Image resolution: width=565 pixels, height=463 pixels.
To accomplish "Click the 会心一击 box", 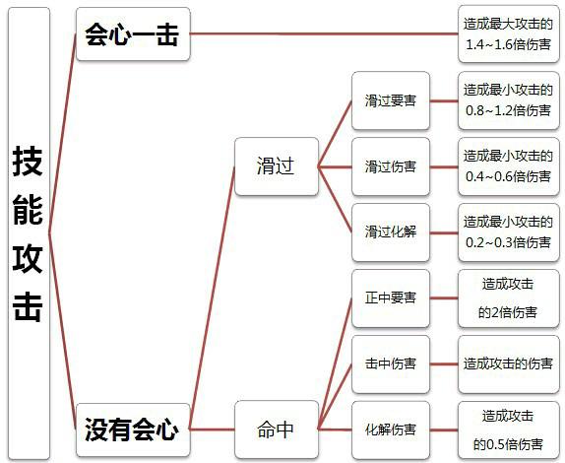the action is tap(133, 33).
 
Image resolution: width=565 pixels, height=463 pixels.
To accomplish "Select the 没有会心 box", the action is tap(133, 430).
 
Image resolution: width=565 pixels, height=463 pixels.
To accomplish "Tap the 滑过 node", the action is tap(277, 166).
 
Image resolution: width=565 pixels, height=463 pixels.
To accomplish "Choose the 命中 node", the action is tap(277, 430).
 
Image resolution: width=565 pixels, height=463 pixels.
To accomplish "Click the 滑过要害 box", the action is tap(391, 100).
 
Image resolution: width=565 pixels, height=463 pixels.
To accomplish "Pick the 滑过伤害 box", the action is tap(391, 166).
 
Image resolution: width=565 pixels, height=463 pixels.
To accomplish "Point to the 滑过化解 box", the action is tap(391, 232).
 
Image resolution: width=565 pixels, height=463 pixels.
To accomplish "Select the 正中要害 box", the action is tap(391, 298).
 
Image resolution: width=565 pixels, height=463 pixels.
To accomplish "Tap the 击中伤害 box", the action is tap(391, 364).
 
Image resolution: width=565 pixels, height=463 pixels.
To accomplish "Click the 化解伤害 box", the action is tap(391, 430).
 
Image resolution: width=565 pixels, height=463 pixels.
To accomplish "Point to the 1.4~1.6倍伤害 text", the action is tap(508, 44).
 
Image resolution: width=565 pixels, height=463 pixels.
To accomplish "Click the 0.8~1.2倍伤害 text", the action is tap(508, 110).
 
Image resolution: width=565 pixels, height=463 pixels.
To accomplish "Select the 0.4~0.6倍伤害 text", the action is tap(508, 176).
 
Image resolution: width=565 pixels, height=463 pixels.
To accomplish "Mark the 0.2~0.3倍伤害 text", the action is tap(508, 242).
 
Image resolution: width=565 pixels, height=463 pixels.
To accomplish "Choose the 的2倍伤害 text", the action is tap(508, 312).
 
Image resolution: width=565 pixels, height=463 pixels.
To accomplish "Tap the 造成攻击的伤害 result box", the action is tap(509, 364).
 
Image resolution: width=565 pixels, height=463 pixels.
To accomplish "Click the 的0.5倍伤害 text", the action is tap(508, 444).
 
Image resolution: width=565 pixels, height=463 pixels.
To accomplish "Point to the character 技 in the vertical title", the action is tap(28, 162).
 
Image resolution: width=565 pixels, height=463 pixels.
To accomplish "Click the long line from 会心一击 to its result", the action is tap(324, 33).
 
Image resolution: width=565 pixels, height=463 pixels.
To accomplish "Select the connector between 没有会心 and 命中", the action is tap(213, 430).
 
